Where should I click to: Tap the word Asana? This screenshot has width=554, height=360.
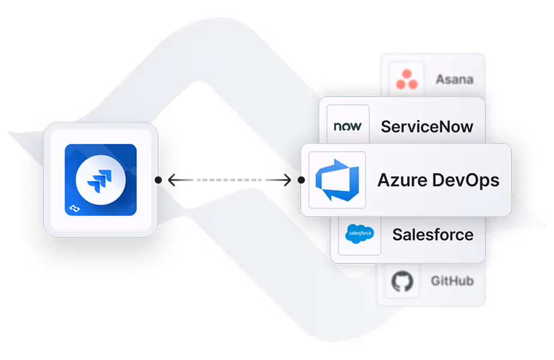point(454,79)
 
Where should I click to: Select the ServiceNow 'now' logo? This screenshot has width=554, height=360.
point(347,127)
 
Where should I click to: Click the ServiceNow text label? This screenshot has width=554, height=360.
point(427,127)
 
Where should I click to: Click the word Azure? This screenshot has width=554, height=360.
point(398,180)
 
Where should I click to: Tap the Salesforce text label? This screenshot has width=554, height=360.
point(432,234)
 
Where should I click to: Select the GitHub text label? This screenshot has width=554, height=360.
point(452,281)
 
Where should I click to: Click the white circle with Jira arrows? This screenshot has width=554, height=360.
point(100,179)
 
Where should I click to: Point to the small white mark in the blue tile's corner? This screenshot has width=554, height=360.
point(74,208)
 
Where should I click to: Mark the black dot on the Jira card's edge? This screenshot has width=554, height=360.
point(157,179)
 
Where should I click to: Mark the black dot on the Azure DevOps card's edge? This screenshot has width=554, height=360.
point(300,179)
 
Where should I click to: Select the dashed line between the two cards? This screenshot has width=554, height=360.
point(228,179)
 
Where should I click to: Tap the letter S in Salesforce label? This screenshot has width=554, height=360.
point(398,234)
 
